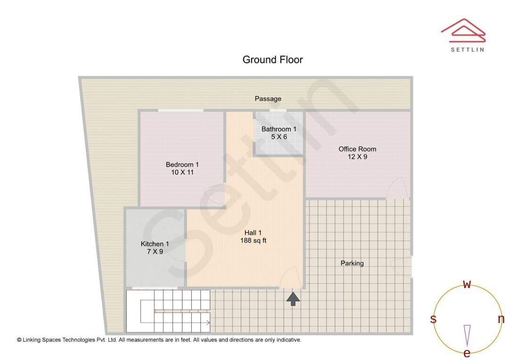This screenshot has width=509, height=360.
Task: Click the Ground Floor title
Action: click(273, 60)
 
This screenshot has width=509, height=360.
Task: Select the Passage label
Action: click(268, 98)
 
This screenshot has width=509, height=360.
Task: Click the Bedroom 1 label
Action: click(182, 164)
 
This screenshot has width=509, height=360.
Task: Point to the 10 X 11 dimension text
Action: click(182, 172)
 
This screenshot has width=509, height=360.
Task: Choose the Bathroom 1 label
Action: click(279, 129)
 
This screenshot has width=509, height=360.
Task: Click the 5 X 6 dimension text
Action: click(279, 137)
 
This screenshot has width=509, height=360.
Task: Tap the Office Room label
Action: click(357, 149)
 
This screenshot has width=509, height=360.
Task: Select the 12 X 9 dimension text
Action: click(357, 157)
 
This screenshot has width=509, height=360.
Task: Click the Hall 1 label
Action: click(253, 233)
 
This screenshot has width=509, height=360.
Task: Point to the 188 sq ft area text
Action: click(253, 240)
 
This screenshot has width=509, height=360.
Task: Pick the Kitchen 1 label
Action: click(155, 244)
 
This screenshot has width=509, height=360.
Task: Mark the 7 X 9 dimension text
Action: click(155, 252)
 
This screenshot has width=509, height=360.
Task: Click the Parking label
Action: click(352, 263)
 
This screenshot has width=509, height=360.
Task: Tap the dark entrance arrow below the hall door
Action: click(293, 299)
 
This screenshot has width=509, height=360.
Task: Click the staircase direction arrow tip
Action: click(210, 323)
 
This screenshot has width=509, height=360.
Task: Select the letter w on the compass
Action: click(467, 284)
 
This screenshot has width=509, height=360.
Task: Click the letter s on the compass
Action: click(433, 319)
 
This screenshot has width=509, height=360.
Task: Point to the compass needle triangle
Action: click(467, 335)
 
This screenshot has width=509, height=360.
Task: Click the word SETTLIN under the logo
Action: click(468, 49)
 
